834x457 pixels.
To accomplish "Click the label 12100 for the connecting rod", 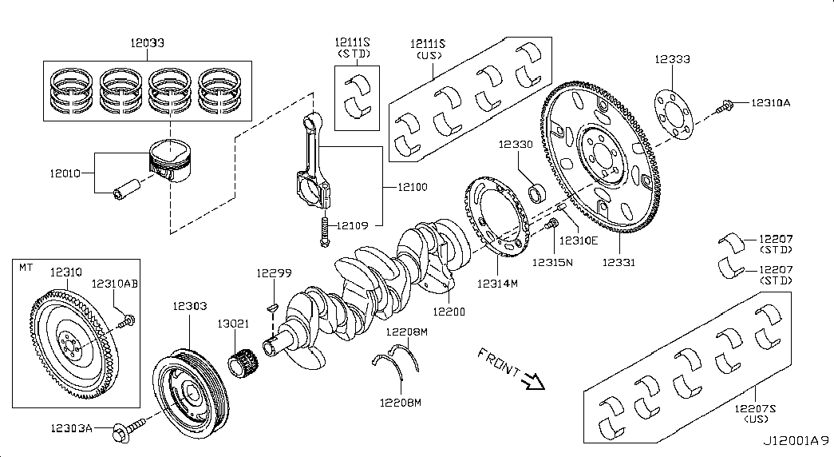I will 411,187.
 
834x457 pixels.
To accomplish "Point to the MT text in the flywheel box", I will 26,267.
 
